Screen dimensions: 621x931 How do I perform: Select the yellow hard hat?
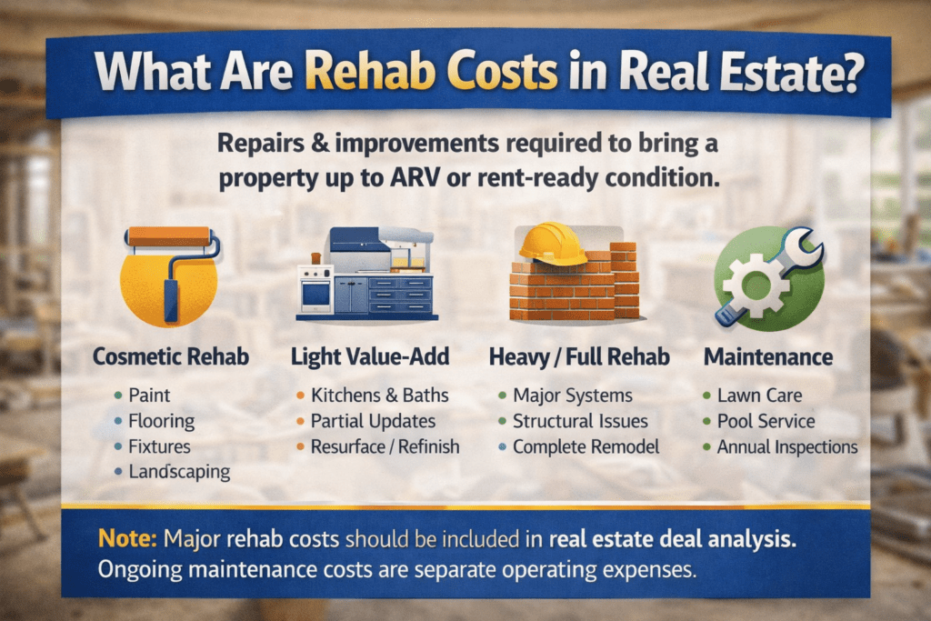pos(552,244)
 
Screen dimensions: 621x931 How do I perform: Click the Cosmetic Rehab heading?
pos(170,357)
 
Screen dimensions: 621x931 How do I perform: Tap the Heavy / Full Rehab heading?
pos(578,357)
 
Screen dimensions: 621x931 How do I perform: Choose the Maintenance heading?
pos(767,357)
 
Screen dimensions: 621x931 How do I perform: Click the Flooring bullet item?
pos(160,421)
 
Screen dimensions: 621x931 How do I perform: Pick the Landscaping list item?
pos(178,471)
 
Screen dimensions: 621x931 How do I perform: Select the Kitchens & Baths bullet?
pos(379,396)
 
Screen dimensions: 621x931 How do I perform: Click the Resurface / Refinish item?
pos(385,446)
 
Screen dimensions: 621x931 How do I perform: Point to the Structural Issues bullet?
pos(580,421)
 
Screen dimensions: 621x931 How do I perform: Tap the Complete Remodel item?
pos(585,446)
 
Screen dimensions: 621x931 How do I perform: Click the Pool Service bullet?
pos(766,421)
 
